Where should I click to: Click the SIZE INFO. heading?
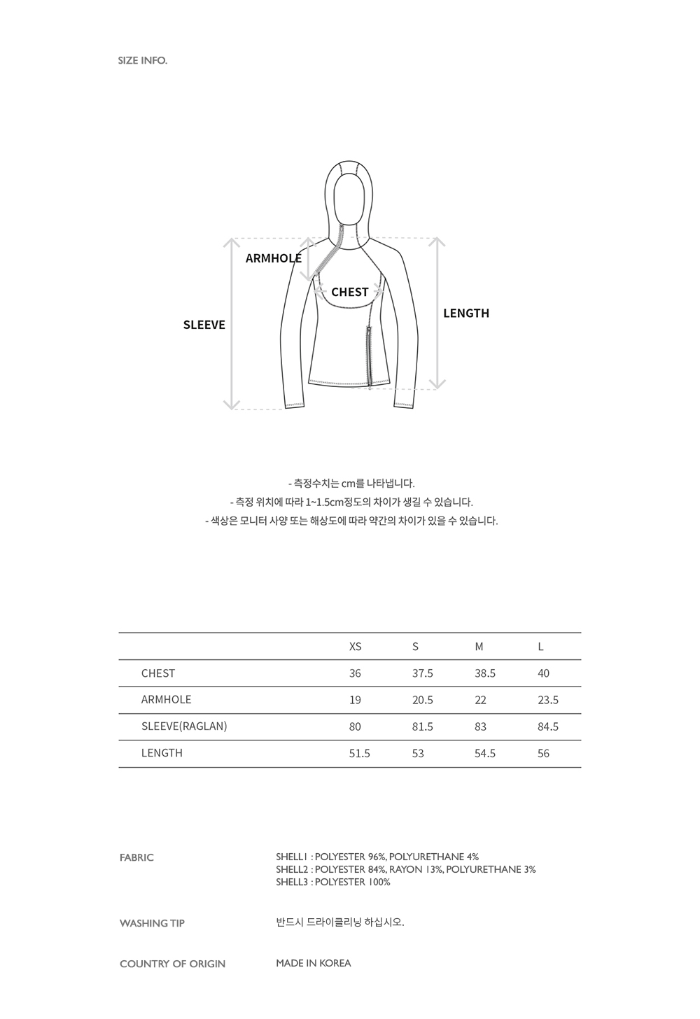pyautogui.click(x=143, y=61)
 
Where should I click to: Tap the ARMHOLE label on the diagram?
pyautogui.click(x=273, y=258)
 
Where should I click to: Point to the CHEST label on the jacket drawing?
pyautogui.click(x=349, y=292)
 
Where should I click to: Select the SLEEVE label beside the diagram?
pyautogui.click(x=204, y=325)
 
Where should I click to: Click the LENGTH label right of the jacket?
pyautogui.click(x=465, y=314)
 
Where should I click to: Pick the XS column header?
pyautogui.click(x=355, y=647)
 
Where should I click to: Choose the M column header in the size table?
pyautogui.click(x=479, y=647)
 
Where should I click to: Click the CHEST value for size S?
pyautogui.click(x=422, y=673)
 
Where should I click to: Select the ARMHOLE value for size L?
pyautogui.click(x=547, y=700)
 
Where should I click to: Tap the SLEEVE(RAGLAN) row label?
pyautogui.click(x=184, y=726)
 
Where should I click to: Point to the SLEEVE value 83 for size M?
pyautogui.click(x=480, y=727)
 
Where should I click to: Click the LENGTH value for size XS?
pyautogui.click(x=359, y=754)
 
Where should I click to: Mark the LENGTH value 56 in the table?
pyautogui.click(x=543, y=754)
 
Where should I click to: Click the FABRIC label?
pyautogui.click(x=136, y=857)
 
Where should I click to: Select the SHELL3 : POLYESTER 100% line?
pyautogui.click(x=332, y=883)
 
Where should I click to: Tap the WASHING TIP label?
pyautogui.click(x=152, y=923)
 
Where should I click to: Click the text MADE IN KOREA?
pyautogui.click(x=313, y=963)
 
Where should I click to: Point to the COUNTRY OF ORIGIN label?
pyautogui.click(x=172, y=964)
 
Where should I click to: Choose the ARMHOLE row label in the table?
pyautogui.click(x=166, y=700)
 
